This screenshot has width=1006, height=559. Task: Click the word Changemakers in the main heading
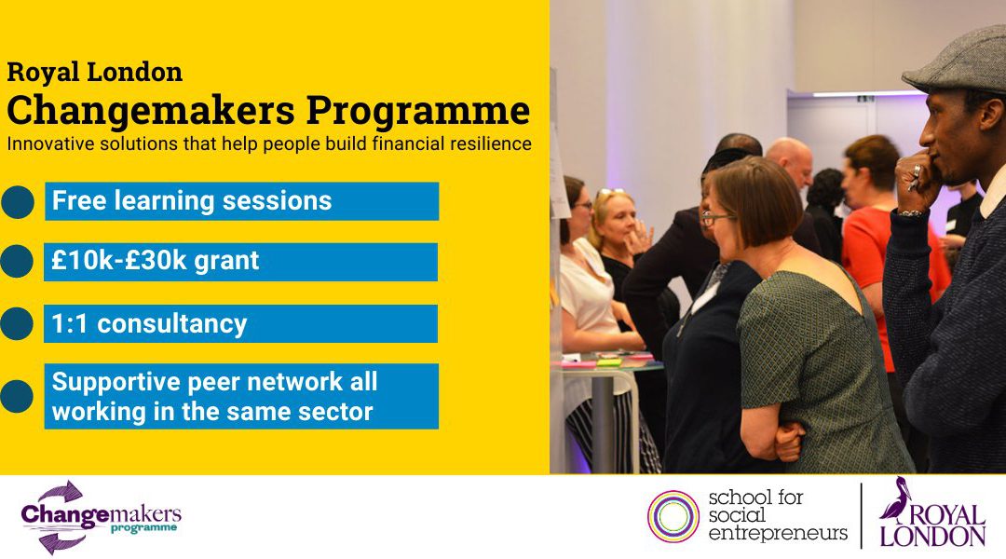click(x=151, y=110)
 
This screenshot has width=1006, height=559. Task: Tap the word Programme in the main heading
click(x=418, y=110)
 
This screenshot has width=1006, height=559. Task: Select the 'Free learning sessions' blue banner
click(x=242, y=201)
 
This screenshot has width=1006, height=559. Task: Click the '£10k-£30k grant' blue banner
click(x=240, y=261)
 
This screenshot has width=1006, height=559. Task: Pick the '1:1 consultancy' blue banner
click(x=240, y=323)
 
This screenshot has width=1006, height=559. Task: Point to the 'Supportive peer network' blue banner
click(x=241, y=396)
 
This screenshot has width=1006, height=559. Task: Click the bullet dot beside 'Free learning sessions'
click(x=18, y=202)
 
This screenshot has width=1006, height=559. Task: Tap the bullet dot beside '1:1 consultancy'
click(x=17, y=323)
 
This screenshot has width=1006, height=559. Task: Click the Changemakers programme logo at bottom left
click(x=101, y=517)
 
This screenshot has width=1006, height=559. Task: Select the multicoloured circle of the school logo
click(x=673, y=516)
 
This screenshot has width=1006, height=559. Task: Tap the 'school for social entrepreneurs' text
click(x=778, y=515)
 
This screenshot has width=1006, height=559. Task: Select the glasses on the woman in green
click(x=715, y=218)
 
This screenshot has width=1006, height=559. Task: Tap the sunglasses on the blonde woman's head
click(x=610, y=192)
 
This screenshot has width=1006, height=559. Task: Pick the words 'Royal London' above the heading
click(x=94, y=72)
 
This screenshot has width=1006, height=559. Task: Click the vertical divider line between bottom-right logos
click(x=861, y=516)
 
